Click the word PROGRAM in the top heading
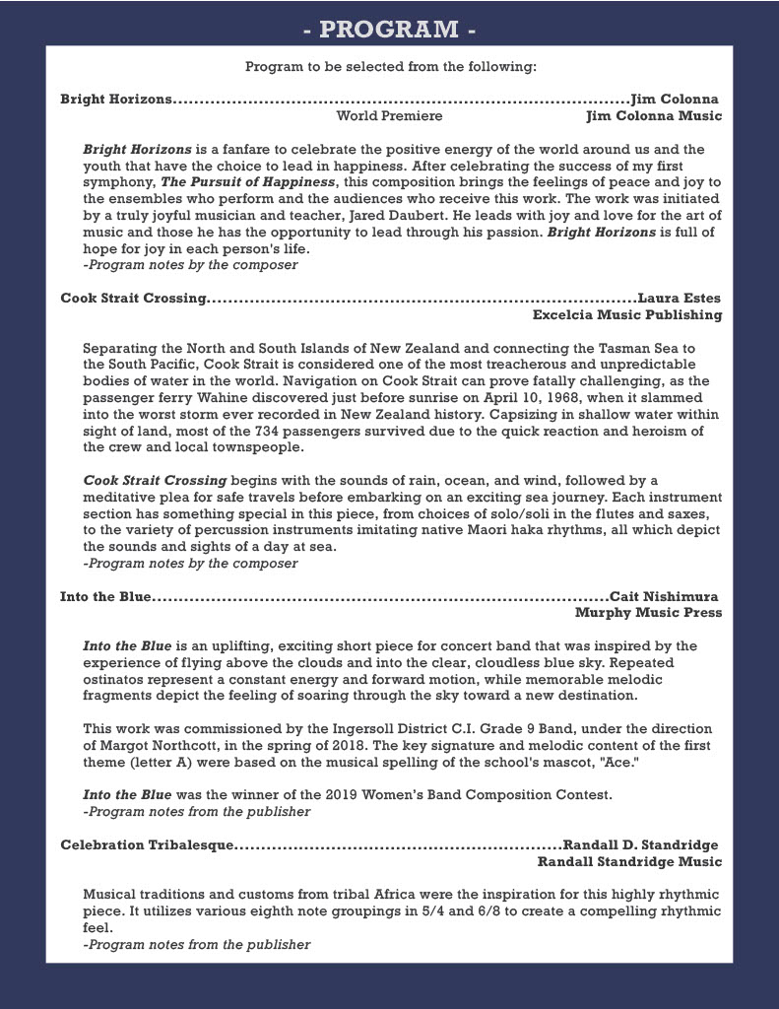(x=389, y=30)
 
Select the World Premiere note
(x=389, y=116)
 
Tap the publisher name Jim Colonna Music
(x=653, y=116)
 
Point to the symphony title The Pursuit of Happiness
(x=248, y=182)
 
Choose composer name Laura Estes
(x=680, y=298)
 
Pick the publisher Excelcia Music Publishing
(x=626, y=315)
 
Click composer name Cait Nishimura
(x=664, y=596)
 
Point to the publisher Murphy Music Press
(x=648, y=613)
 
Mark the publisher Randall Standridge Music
(x=629, y=862)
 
